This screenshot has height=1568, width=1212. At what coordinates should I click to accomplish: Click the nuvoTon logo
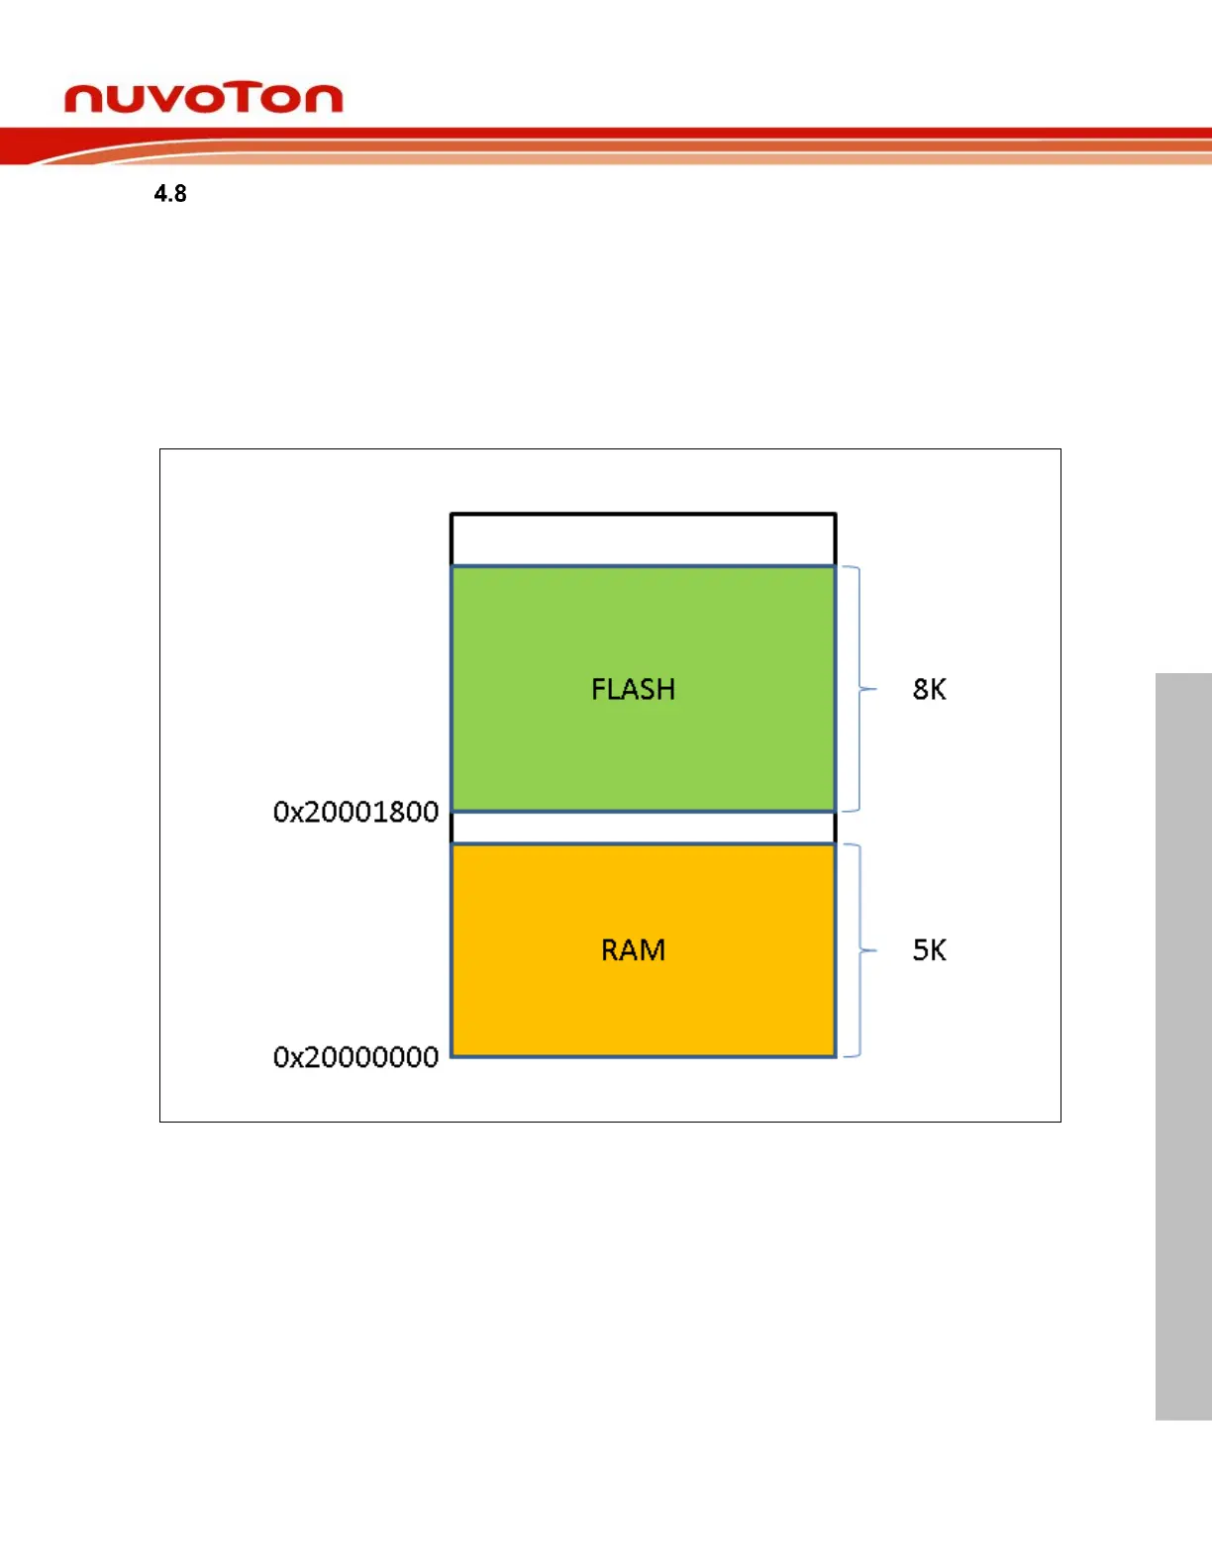click(203, 99)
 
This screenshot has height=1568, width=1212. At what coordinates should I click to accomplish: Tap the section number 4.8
click(170, 193)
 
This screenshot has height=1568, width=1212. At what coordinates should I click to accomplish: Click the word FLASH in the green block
click(633, 689)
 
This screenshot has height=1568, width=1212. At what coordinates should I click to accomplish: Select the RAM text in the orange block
click(633, 950)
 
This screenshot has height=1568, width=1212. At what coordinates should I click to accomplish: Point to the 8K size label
click(929, 689)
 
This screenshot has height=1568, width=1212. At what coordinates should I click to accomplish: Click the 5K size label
click(929, 950)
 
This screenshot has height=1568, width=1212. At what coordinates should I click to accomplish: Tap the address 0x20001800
click(355, 812)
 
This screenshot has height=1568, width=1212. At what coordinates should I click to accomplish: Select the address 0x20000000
click(355, 1057)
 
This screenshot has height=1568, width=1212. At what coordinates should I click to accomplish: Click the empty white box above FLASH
click(643, 539)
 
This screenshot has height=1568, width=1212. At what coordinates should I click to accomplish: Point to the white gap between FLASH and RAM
click(643, 828)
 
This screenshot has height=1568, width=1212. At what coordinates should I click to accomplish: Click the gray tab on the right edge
click(1183, 1046)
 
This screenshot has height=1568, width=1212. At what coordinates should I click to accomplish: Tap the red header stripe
click(693, 133)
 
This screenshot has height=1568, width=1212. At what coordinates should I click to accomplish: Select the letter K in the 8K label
click(937, 689)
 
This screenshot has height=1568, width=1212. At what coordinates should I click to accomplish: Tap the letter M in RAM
click(653, 950)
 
